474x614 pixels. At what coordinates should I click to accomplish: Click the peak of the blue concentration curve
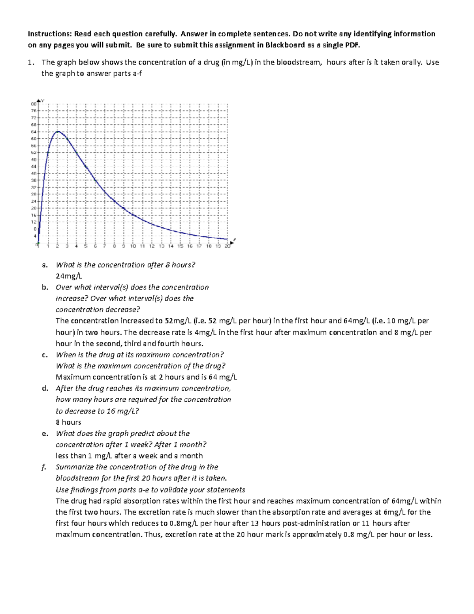click(x=58, y=132)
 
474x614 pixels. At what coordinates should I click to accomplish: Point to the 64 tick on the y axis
click(x=34, y=132)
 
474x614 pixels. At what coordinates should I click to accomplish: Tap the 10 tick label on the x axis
click(x=133, y=246)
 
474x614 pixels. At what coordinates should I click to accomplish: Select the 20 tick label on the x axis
click(x=228, y=246)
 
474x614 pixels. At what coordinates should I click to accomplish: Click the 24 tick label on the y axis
click(x=34, y=201)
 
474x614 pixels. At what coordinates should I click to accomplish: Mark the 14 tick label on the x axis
click(x=171, y=246)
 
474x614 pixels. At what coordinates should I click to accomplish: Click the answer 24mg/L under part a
click(x=69, y=276)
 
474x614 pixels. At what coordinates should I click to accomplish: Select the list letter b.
click(x=45, y=287)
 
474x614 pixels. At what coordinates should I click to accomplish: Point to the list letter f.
click(x=43, y=467)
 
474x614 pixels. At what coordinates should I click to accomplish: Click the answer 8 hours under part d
click(x=68, y=422)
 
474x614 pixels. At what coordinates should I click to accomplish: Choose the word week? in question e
click(x=141, y=445)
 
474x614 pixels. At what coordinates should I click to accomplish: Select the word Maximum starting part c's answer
click(x=73, y=377)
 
